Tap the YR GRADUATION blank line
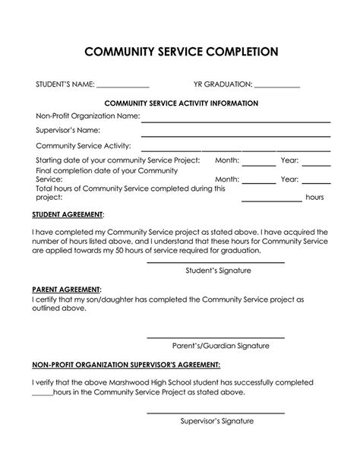click(277, 88)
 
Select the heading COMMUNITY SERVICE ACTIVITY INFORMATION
click(180, 103)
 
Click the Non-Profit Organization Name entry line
click(235, 121)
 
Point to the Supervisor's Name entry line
click(235, 135)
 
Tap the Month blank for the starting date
click(259, 164)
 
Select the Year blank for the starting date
click(316, 164)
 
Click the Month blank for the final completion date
click(259, 183)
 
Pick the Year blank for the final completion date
click(316, 183)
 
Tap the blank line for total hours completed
click(271, 201)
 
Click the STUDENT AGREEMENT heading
click(68, 215)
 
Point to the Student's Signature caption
click(218, 271)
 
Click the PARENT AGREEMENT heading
click(67, 290)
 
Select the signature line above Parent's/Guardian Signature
click(216, 337)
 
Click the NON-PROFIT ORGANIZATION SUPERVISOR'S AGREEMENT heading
click(127, 364)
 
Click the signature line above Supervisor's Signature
click(216, 413)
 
